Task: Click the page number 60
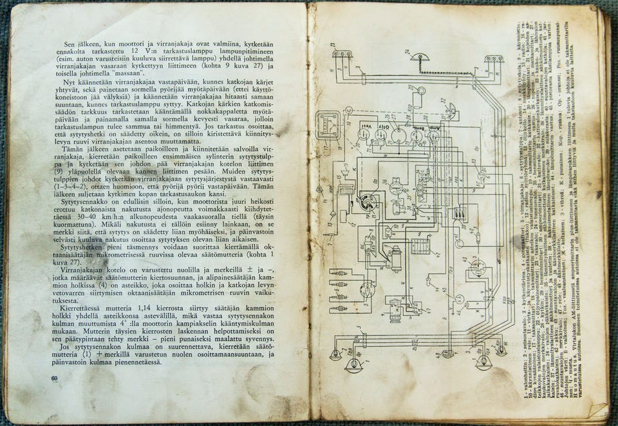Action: pyautogui.click(x=55, y=378)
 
